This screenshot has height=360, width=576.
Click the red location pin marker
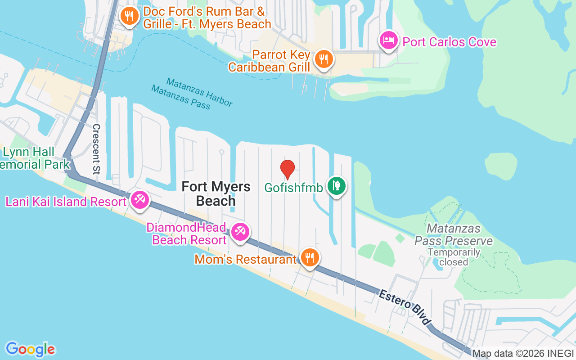click(288, 169)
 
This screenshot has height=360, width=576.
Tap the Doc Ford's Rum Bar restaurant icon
click(129, 16)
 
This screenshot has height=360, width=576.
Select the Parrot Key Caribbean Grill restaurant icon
click(323, 58)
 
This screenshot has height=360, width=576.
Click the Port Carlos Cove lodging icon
click(388, 41)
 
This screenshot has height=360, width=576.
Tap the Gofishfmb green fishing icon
click(336, 185)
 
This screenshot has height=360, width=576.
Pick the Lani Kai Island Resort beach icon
click(140, 199)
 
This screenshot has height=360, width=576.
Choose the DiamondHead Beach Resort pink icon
click(239, 232)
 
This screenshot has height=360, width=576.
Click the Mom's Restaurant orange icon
click(310, 257)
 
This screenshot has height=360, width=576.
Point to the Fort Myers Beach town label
click(216, 193)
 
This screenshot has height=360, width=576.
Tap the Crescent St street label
click(96, 148)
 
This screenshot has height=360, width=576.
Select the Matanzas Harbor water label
click(199, 92)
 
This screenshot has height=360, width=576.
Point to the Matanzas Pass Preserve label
click(453, 235)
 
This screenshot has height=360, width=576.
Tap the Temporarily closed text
click(454, 257)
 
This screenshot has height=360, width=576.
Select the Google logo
click(30, 349)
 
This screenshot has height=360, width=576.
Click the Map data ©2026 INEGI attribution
click(523, 354)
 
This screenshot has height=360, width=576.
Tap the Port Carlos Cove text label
click(449, 42)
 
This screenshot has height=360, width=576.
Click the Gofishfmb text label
click(293, 187)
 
